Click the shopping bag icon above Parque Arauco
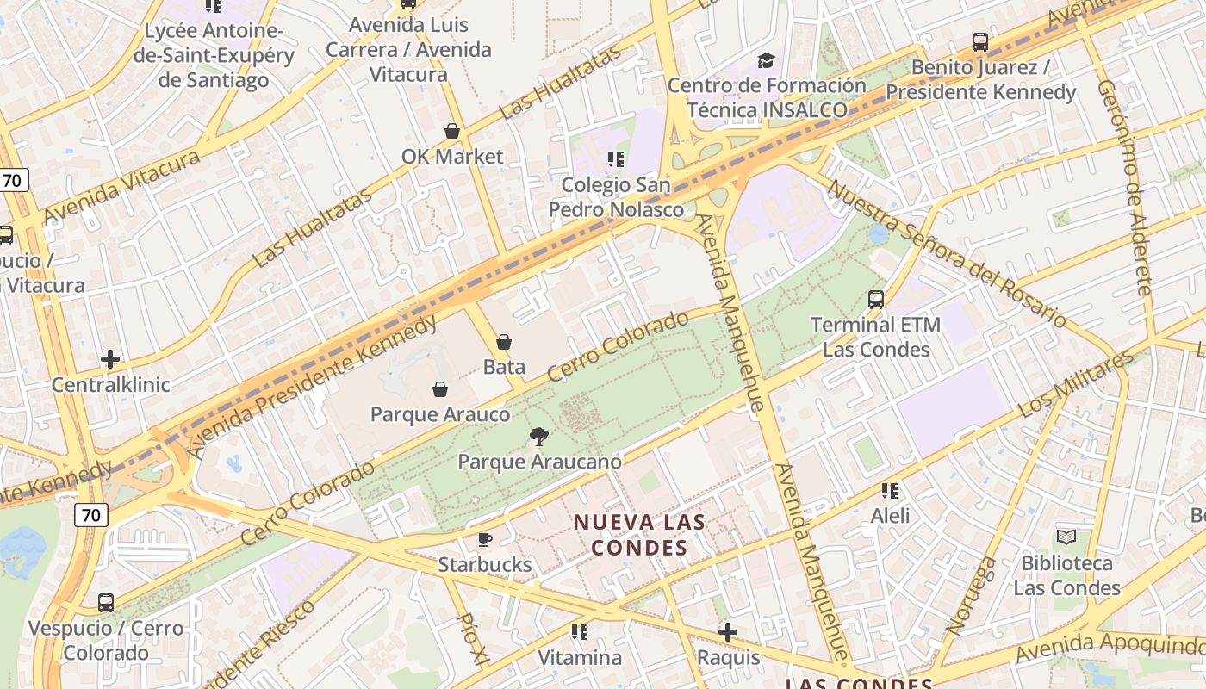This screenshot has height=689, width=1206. tap(439, 389)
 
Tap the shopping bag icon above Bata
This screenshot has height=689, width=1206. tap(504, 342)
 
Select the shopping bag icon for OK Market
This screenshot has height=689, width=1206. tap(451, 131)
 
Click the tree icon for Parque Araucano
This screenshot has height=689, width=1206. tap(539, 437)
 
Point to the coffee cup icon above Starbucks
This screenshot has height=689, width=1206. tap(485, 540)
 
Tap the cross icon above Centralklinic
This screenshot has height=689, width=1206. tap(110, 359)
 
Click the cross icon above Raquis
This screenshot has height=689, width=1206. tap(728, 632)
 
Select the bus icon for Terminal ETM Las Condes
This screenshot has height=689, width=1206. tap(875, 300)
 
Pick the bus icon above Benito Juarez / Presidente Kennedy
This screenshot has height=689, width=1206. tap(979, 42)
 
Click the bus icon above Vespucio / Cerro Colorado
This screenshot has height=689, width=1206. tap(105, 603)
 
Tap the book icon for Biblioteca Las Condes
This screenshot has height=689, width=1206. tap(1066, 537)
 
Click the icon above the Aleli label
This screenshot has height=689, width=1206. tap(890, 491)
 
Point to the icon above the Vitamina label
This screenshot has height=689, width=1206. tap(580, 632)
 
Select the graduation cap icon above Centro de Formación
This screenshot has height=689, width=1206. tap(766, 60)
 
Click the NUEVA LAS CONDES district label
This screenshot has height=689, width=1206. tap(639, 535)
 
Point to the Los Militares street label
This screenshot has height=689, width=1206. tap(1076, 383)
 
